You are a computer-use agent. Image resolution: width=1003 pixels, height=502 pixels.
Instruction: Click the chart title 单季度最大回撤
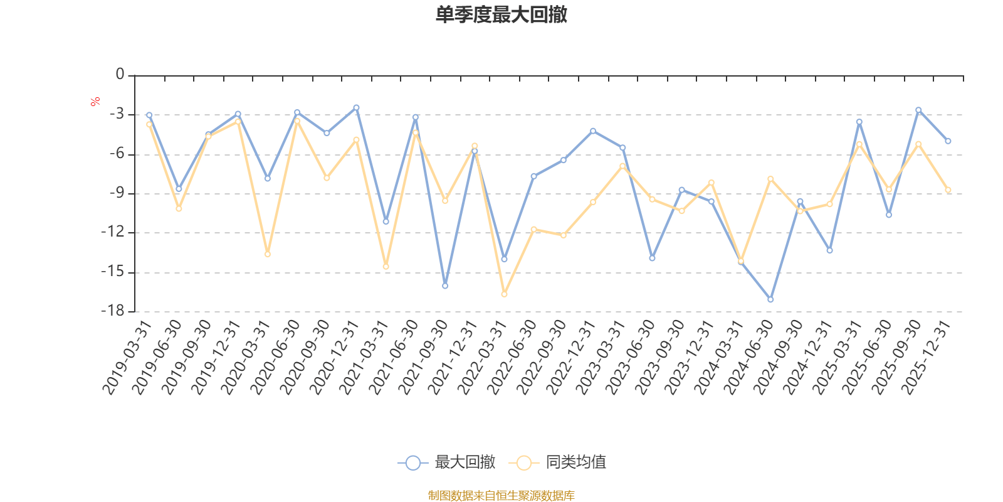501,15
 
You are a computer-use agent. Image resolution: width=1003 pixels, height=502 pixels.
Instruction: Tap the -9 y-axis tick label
116,193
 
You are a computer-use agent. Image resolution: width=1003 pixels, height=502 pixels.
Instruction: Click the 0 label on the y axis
120,75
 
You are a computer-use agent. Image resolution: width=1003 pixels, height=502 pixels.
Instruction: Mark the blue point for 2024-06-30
770,299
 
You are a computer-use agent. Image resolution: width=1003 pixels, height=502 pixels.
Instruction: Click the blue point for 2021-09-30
445,286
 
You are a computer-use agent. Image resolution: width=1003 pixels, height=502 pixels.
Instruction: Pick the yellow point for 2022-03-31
504,294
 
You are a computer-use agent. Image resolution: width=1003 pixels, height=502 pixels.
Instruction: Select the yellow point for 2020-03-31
268,254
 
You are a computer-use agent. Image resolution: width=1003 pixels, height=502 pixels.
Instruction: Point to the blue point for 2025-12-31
948,141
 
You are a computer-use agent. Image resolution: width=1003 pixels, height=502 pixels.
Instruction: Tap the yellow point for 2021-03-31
386,267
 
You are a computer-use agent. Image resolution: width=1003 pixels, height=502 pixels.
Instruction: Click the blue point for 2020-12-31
356,107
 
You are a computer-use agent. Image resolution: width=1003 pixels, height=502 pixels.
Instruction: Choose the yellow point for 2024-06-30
770,179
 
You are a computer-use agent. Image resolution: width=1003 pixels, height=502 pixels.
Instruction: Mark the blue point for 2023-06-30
652,258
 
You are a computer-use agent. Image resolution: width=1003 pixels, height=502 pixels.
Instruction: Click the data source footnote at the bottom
501,496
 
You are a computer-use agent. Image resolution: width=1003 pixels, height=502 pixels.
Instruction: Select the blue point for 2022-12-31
593,131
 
